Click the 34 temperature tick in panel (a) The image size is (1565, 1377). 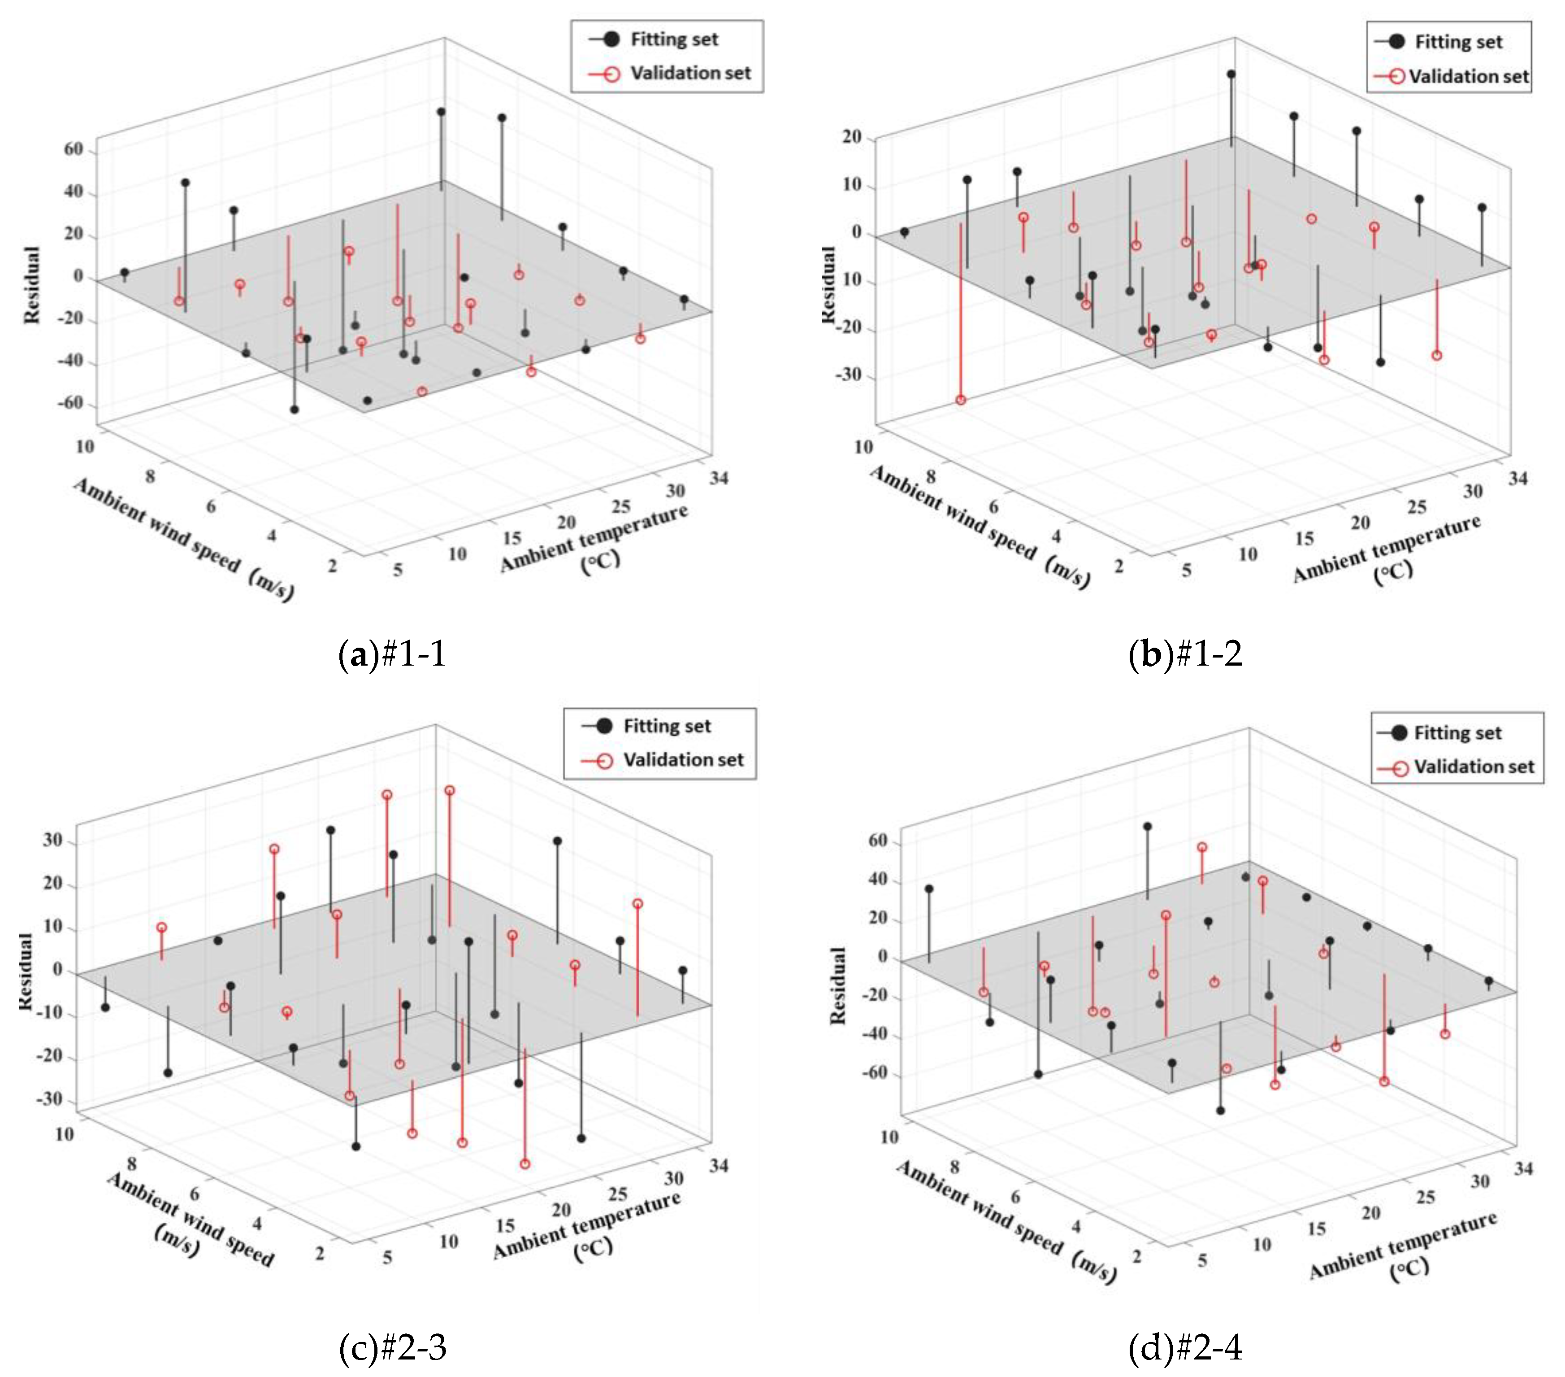(x=719, y=478)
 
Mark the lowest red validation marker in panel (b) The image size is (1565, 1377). (x=961, y=400)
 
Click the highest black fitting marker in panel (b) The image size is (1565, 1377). (x=1231, y=74)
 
